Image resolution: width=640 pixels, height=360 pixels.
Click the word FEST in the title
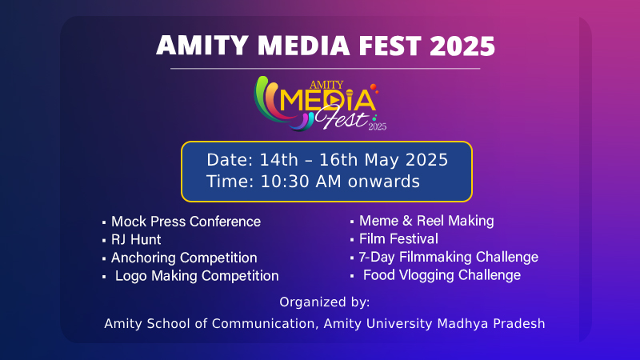pos(390,46)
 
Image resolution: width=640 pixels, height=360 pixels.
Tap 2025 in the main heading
pos(462,46)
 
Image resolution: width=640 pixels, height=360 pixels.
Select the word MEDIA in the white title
pos(304,46)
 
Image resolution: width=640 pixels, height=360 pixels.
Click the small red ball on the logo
pos(373,86)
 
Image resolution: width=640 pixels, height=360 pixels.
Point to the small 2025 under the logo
pos(377,126)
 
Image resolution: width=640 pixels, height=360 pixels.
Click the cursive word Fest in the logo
pos(342,118)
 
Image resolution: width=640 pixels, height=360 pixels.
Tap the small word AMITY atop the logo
pos(326,85)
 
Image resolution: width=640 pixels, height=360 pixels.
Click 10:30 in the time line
pos(286,182)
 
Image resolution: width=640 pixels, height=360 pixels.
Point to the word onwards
pos(384,182)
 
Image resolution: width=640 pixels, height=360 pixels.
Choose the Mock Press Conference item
pos(186,222)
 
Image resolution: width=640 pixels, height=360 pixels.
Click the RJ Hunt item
pos(136,239)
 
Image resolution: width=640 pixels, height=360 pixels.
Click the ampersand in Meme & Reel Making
pos(407,221)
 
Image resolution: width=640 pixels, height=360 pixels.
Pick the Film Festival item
pos(398,238)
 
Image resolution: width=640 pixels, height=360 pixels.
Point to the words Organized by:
pos(325,302)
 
